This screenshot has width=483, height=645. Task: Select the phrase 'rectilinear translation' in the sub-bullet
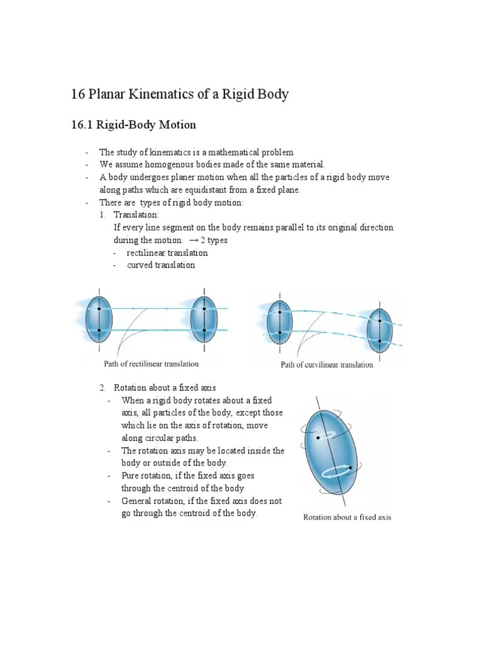[167, 253]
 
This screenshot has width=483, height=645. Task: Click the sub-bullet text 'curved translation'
[161, 265]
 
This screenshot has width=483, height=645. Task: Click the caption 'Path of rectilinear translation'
[151, 363]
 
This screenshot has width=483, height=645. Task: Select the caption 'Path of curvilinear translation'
[326, 365]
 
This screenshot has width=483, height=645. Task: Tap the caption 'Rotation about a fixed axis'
[347, 517]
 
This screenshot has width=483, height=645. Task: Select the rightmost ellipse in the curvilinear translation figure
[380, 331]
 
